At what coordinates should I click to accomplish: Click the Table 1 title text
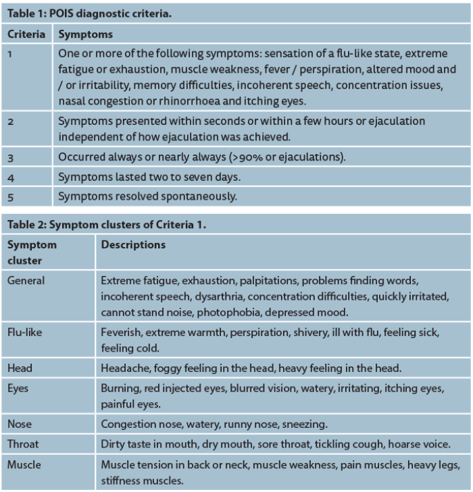(x=89, y=13)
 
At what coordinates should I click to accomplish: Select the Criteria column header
(x=26, y=34)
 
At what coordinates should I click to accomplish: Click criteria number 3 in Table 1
(x=10, y=157)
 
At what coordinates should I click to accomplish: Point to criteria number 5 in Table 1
(x=10, y=196)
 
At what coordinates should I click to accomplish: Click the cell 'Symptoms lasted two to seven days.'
(x=149, y=177)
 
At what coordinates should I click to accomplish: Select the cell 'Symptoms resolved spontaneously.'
(x=147, y=196)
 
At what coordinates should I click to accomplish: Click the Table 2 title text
(x=106, y=225)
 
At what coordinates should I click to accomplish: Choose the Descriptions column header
(x=133, y=244)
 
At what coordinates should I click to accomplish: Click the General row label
(x=26, y=279)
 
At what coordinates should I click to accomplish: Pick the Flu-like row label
(x=24, y=333)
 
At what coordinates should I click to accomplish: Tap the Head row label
(x=20, y=368)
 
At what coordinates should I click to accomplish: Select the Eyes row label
(x=19, y=389)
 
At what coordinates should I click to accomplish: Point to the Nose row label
(x=20, y=424)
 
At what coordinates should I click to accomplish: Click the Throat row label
(x=23, y=444)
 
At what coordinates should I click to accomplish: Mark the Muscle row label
(x=24, y=465)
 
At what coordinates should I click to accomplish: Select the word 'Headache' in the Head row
(x=122, y=368)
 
